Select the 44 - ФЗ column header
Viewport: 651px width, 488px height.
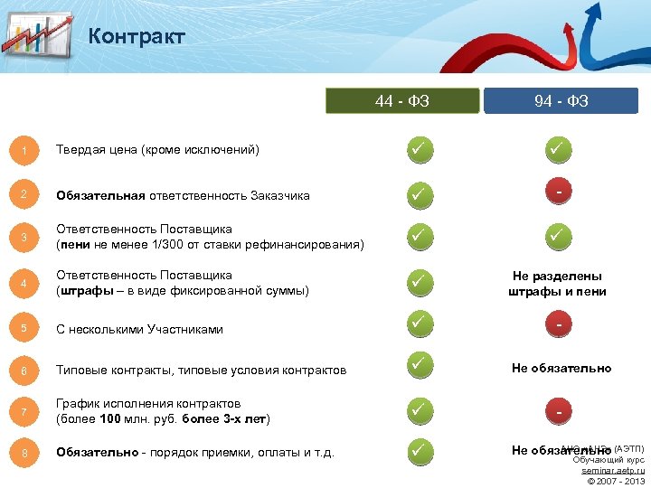coord(402,100)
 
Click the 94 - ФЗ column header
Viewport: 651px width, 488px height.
coord(561,100)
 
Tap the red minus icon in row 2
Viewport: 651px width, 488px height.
coord(561,192)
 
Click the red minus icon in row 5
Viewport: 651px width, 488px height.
coord(561,324)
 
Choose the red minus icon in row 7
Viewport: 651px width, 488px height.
coord(561,411)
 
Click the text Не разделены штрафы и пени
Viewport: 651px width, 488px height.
coord(557,284)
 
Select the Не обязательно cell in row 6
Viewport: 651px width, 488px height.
coord(561,368)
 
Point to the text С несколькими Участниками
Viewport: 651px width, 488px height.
coord(139,329)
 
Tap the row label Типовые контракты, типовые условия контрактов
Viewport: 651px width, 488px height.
coord(201,371)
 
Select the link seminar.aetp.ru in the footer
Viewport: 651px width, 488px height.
coord(613,471)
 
